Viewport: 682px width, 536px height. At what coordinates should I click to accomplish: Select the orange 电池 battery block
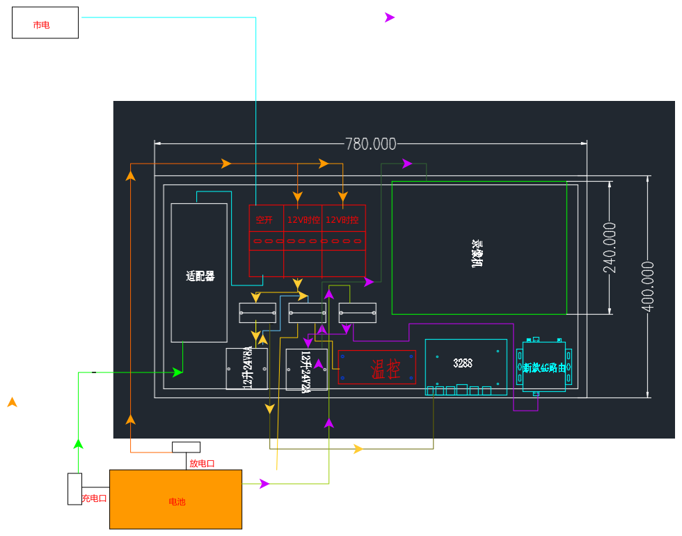click(x=175, y=499)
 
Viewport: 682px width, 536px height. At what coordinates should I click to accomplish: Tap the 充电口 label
click(x=94, y=498)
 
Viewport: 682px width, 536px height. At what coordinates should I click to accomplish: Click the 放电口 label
click(x=202, y=463)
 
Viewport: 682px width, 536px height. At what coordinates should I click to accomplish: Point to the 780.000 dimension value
click(x=371, y=144)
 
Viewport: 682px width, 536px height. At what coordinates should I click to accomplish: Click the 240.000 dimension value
click(x=610, y=248)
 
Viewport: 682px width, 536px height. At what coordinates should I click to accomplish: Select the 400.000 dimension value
click(x=648, y=286)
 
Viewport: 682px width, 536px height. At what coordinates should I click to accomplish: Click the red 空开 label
click(x=264, y=220)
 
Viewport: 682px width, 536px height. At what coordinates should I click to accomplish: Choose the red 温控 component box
click(x=376, y=368)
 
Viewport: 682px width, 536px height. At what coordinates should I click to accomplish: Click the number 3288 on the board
click(x=463, y=363)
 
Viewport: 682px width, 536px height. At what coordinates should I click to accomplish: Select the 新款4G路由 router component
click(x=544, y=367)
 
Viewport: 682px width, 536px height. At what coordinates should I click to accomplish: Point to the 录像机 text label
click(x=477, y=254)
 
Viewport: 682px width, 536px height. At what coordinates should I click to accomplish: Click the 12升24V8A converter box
click(x=246, y=368)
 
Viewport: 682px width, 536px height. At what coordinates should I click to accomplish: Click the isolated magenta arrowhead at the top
click(x=389, y=17)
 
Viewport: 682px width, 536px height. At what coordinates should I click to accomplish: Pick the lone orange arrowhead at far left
click(x=12, y=402)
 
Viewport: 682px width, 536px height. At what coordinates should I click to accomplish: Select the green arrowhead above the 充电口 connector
click(x=78, y=443)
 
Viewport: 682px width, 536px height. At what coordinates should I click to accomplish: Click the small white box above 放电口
click(x=186, y=447)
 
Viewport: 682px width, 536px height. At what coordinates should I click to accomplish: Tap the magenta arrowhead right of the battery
click(x=264, y=484)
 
